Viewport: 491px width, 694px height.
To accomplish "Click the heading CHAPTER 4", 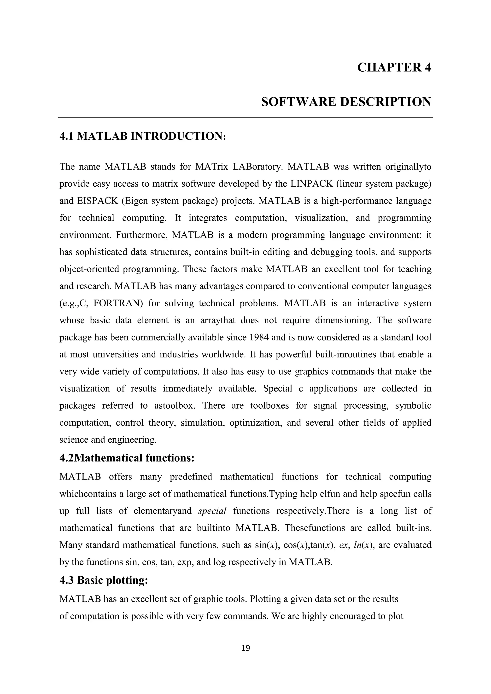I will click(x=394, y=67).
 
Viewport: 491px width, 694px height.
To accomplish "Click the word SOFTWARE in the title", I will click(x=298, y=102).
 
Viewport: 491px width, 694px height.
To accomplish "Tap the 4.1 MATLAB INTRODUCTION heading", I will click(x=142, y=136).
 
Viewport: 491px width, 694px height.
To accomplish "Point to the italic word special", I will click(x=212, y=511).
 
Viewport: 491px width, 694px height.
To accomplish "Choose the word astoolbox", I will click(x=174, y=405).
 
